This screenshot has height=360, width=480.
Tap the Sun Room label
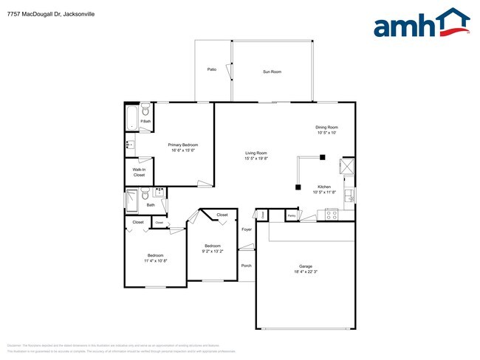pyautogui.click(x=272, y=72)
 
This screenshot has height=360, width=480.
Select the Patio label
pyautogui.click(x=212, y=69)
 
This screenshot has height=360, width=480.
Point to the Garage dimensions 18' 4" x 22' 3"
pyautogui.click(x=306, y=272)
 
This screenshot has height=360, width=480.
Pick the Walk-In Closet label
pyautogui.click(x=139, y=173)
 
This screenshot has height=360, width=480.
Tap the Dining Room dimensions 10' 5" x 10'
pyautogui.click(x=326, y=133)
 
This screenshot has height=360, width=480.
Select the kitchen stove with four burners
pyautogui.click(x=331, y=215)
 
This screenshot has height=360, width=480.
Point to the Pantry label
pyautogui.click(x=291, y=215)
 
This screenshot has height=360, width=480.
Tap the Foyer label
pyautogui.click(x=247, y=229)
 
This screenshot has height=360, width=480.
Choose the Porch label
pyautogui.click(x=246, y=266)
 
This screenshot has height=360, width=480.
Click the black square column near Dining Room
pyautogui.click(x=322, y=156)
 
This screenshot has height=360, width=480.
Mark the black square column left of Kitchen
pyautogui.click(x=298, y=187)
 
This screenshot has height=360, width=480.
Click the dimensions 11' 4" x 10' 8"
pyautogui.click(x=155, y=260)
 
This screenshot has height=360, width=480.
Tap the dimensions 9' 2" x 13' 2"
pyautogui.click(x=213, y=250)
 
